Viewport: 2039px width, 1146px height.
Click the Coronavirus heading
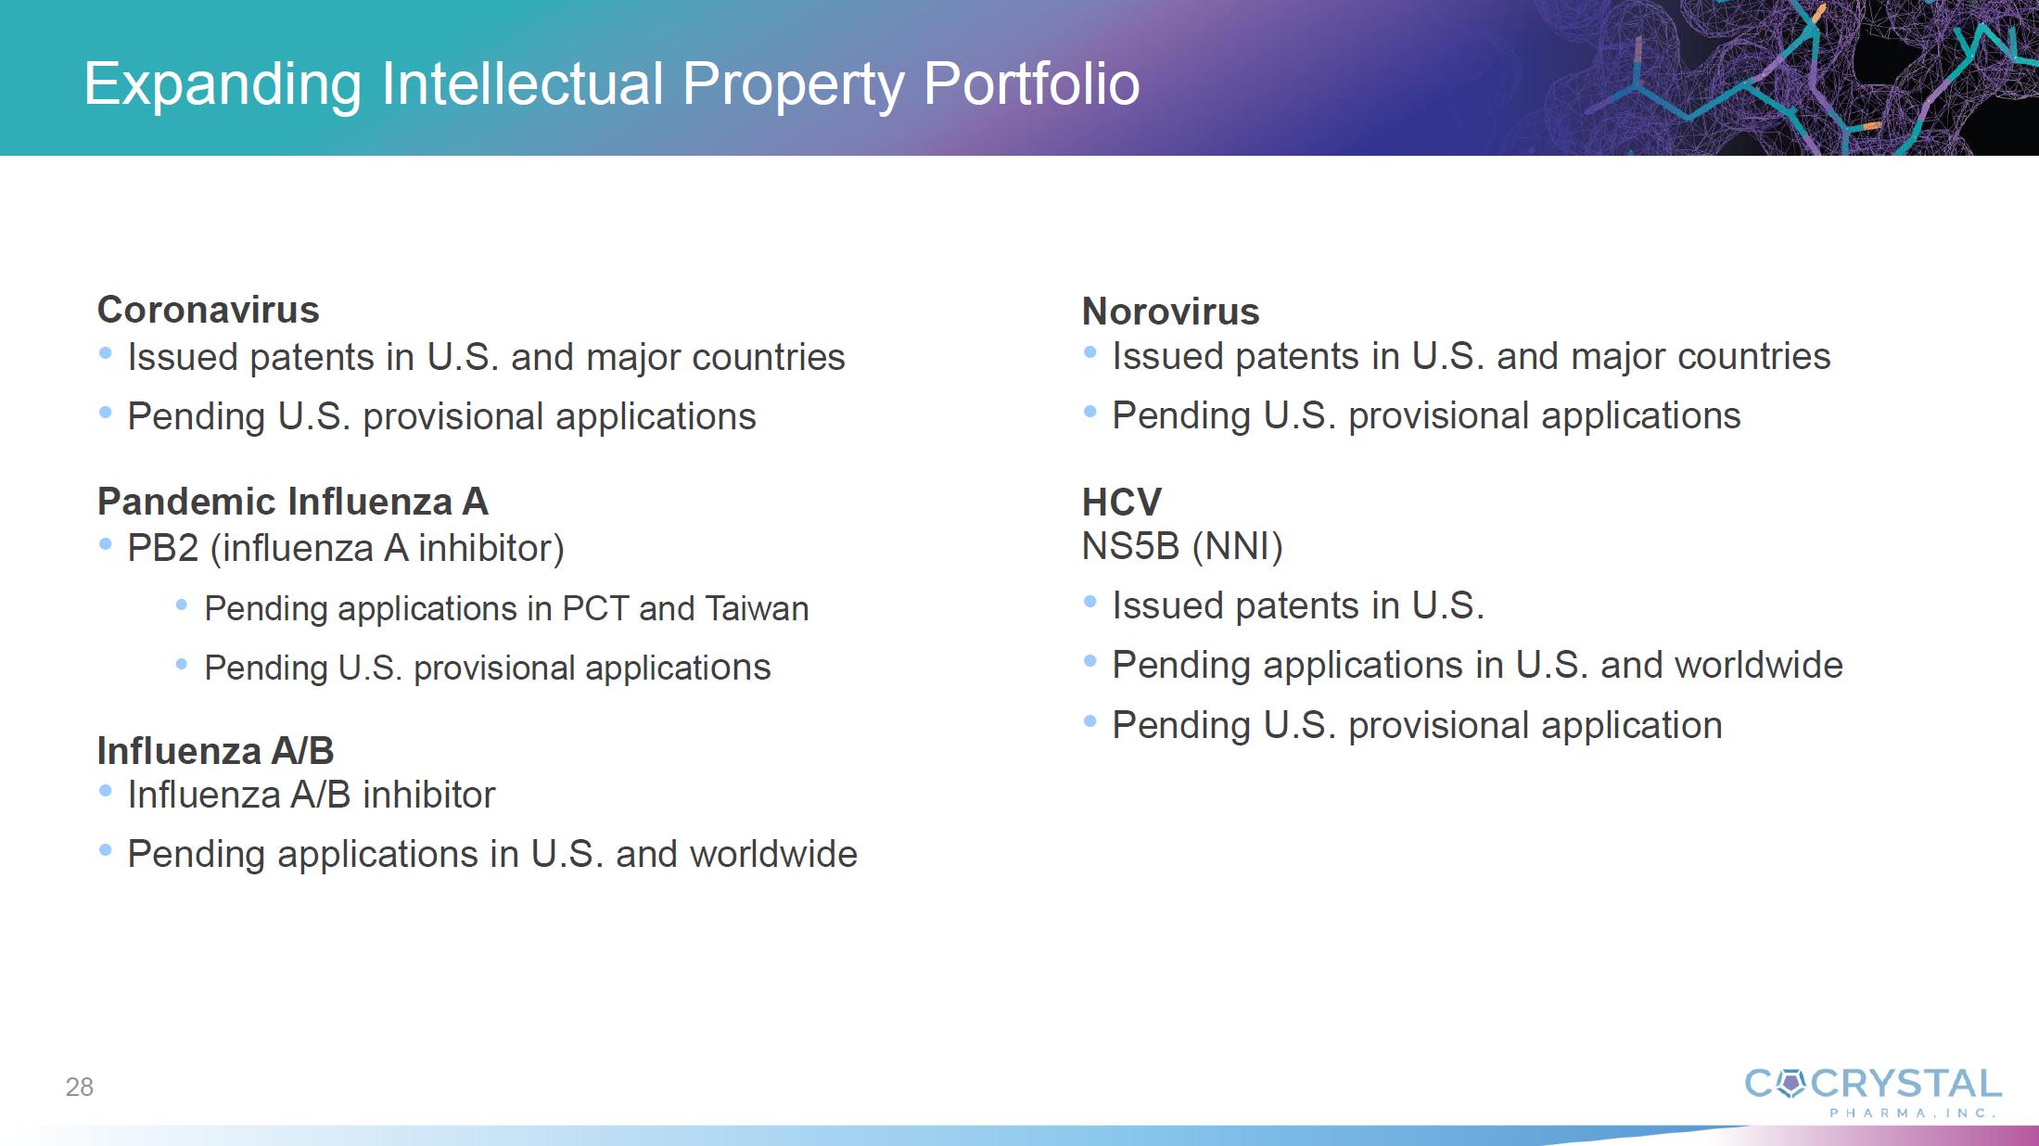[x=208, y=310]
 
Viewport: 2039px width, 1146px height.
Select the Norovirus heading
[x=1170, y=312]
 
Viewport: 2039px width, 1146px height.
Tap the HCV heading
[x=1121, y=503]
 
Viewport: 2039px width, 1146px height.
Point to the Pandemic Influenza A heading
[x=292, y=502]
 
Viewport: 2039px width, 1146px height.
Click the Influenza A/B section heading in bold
[x=215, y=751]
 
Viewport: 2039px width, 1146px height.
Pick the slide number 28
[x=80, y=1087]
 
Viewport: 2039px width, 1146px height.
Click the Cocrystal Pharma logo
[x=1873, y=1092]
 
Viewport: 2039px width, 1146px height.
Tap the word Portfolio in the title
[x=1031, y=84]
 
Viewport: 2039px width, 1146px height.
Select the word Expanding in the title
[x=223, y=84]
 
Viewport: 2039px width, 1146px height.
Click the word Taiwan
[x=757, y=608]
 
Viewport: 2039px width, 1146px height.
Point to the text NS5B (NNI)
[x=1182, y=546]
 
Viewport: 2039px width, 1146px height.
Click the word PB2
[x=163, y=548]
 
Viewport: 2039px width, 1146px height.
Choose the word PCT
[x=595, y=608]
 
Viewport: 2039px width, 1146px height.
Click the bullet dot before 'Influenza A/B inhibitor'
[x=106, y=791]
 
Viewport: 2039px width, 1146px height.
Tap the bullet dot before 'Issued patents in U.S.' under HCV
[x=1090, y=602]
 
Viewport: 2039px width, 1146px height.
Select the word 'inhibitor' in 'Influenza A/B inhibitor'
[x=429, y=795]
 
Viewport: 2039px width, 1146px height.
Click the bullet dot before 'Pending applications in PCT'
[x=182, y=605]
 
